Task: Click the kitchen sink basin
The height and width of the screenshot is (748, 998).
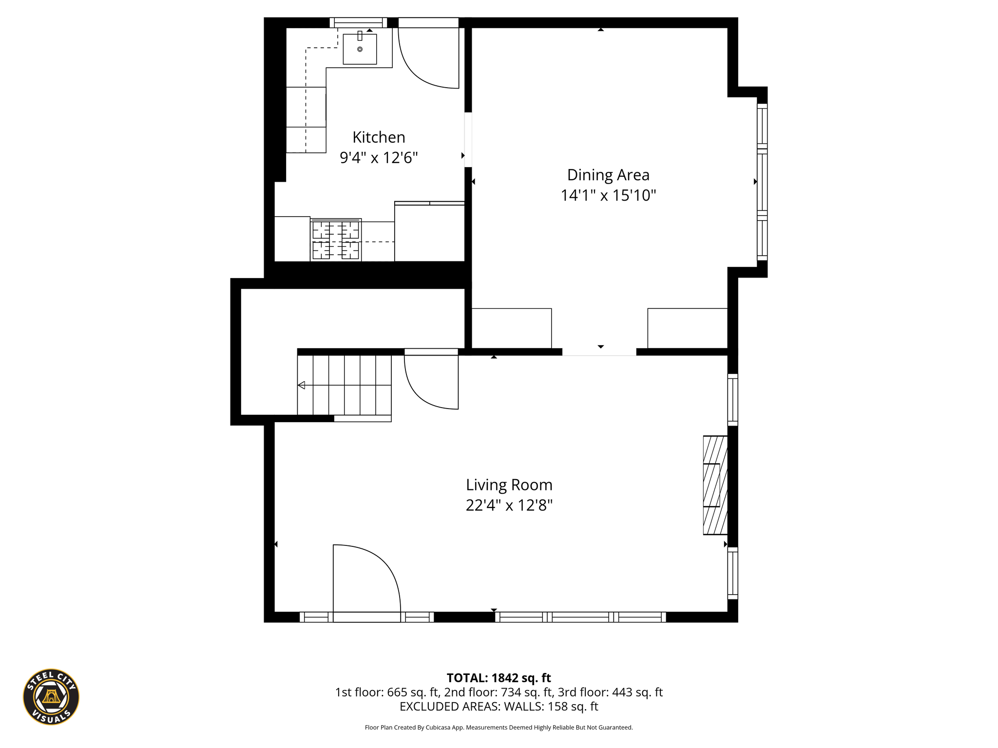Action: (360, 49)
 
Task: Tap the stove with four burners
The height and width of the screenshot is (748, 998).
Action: (336, 240)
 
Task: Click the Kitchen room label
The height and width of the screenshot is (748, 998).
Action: (379, 137)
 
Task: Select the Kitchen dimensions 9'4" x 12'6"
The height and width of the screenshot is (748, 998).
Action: (379, 158)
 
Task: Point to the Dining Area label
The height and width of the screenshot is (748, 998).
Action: (608, 175)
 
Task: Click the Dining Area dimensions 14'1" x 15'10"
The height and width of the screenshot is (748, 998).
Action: (608, 195)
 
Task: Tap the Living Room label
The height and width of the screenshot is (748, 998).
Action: (509, 485)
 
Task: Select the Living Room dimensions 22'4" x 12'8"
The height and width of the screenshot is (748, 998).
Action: (509, 505)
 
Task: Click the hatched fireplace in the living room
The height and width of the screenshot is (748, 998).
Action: (715, 485)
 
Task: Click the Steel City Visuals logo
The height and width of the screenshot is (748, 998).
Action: (51, 697)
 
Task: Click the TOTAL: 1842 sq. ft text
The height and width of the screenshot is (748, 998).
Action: (499, 678)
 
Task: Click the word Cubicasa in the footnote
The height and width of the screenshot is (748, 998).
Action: (438, 728)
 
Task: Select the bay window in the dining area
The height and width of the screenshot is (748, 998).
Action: (762, 182)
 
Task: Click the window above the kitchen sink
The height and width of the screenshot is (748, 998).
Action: (358, 22)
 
